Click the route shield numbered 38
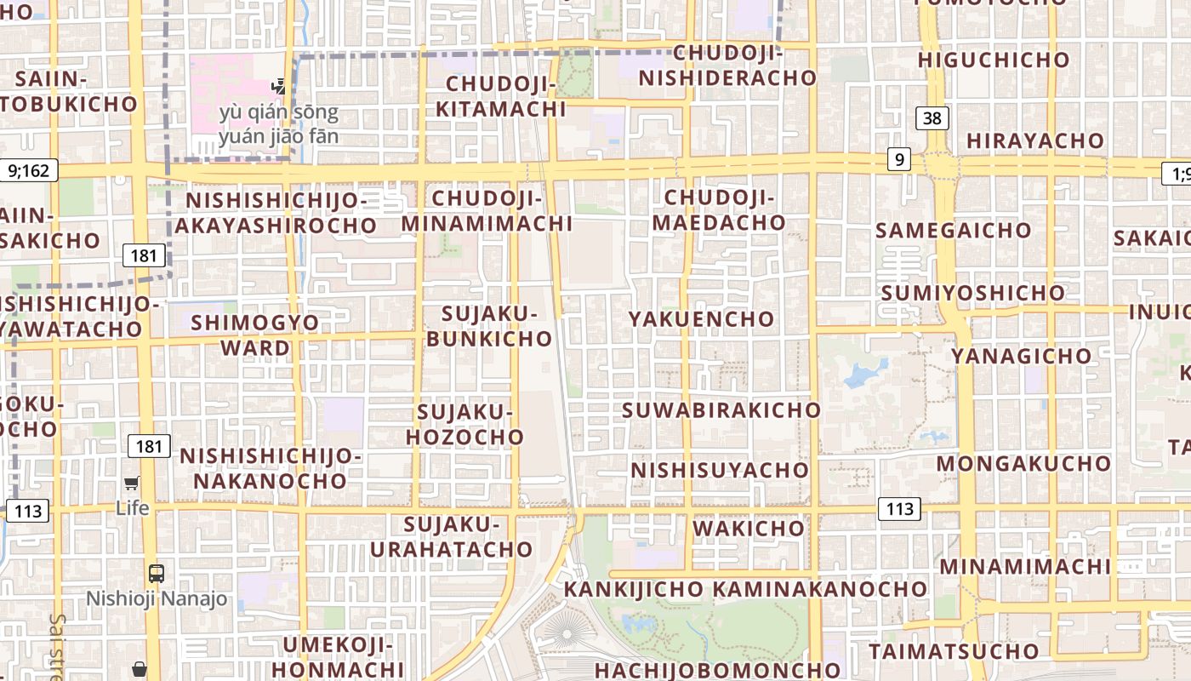(x=932, y=118)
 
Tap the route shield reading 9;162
(x=29, y=170)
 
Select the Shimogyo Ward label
(x=255, y=335)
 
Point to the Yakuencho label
(x=702, y=319)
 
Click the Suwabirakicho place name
(x=721, y=410)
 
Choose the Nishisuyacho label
(x=720, y=470)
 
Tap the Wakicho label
(x=749, y=529)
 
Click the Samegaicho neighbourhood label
(x=953, y=231)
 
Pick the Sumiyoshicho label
(x=972, y=294)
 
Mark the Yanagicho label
(x=1021, y=356)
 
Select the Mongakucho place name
(x=1023, y=464)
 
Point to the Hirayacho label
(x=1035, y=141)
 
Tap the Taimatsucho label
(x=954, y=652)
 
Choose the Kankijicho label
(x=634, y=589)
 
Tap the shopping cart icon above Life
(x=132, y=484)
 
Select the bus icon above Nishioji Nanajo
(x=157, y=573)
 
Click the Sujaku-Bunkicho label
(x=489, y=326)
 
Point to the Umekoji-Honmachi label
(x=338, y=657)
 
